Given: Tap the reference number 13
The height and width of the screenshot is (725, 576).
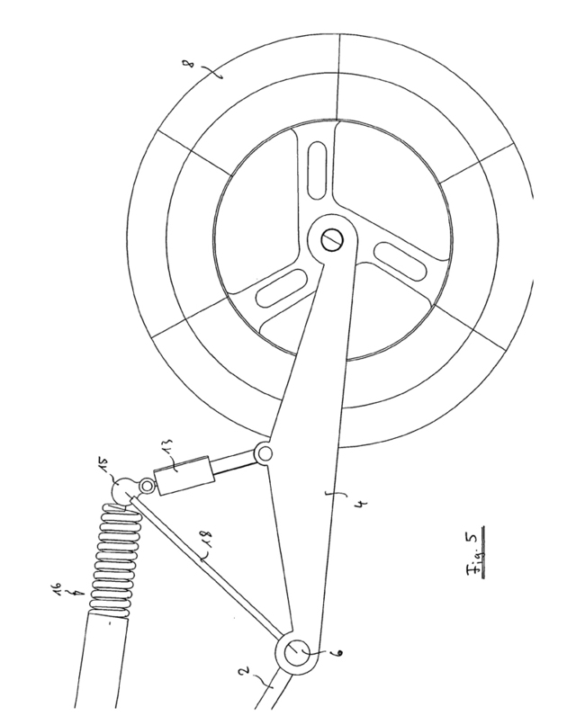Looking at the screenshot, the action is [171, 448].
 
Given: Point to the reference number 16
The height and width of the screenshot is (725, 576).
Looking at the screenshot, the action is [57, 588].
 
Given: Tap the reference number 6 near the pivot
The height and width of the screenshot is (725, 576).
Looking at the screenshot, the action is [337, 653].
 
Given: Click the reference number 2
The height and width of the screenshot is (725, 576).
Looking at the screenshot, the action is [247, 670].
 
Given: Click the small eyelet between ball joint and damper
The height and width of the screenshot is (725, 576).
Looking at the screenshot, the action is [148, 486].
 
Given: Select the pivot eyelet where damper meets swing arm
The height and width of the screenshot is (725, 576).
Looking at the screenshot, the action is [265, 453].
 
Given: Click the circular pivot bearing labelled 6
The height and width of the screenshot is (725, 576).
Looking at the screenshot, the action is [297, 653].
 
